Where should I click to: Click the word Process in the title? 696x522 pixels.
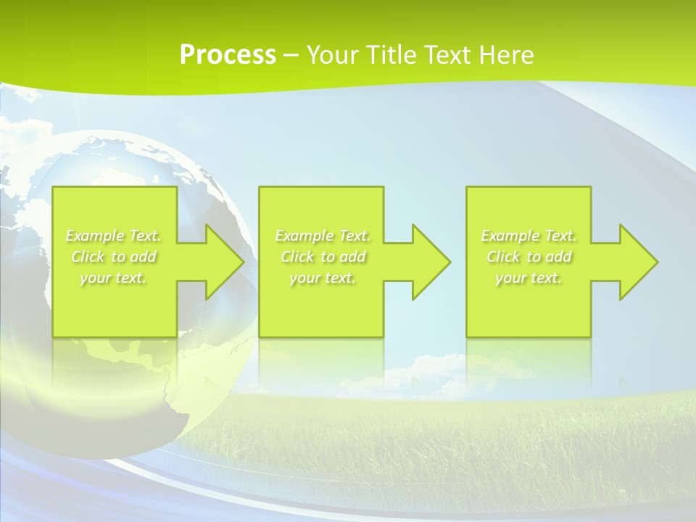point(228,55)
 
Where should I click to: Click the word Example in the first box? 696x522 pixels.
point(95,236)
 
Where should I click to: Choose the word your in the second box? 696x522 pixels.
point(304,278)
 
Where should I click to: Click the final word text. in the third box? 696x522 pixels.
point(545,278)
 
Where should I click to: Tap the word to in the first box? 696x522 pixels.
point(118,257)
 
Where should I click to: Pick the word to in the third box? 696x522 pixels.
point(534,257)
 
